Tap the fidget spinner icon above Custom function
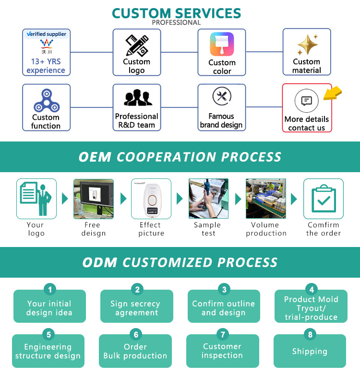point(46,100)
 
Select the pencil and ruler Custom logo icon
point(136,46)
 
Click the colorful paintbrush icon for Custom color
point(222,45)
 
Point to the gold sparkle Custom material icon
point(307,45)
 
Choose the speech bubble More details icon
point(307,101)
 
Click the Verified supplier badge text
point(47,34)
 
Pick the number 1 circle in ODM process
point(50,289)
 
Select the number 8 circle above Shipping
point(311,334)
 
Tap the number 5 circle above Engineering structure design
point(48,334)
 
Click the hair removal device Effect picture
point(151,199)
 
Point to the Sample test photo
point(208,199)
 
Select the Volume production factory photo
point(266,199)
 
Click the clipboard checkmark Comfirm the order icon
point(323,199)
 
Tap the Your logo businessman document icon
point(36,199)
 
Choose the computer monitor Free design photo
point(94,199)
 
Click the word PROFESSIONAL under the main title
point(176,23)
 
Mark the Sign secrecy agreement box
point(136,308)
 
